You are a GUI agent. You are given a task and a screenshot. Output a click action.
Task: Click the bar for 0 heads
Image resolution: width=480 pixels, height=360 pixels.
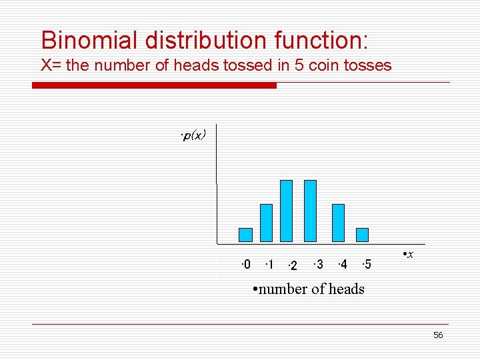(x=245, y=235)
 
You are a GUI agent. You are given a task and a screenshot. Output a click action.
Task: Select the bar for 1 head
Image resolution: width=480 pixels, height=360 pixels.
(x=266, y=223)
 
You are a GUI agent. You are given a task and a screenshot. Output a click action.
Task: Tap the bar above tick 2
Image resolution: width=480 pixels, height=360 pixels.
(x=286, y=211)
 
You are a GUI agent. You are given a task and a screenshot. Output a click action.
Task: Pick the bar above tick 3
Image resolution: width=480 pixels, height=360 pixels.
(x=310, y=211)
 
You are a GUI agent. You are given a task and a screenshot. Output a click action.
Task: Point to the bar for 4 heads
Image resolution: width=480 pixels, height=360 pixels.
(x=338, y=223)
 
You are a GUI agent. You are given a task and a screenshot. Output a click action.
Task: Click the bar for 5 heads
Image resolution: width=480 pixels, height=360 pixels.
(x=362, y=235)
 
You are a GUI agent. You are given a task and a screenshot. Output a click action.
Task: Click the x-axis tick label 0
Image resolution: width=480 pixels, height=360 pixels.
(x=247, y=265)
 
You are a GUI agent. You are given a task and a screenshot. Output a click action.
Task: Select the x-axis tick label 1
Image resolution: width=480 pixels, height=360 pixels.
(x=269, y=265)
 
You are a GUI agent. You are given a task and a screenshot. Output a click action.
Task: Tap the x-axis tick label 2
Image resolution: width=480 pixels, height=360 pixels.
(x=291, y=267)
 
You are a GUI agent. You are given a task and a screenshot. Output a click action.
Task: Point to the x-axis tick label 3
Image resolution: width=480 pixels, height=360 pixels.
(x=319, y=265)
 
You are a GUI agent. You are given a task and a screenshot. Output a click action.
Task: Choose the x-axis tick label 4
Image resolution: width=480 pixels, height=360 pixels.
(x=342, y=265)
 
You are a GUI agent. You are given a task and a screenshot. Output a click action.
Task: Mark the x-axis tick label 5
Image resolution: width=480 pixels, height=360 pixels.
(x=366, y=265)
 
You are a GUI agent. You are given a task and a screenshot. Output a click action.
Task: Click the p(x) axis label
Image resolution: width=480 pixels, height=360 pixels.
(x=193, y=135)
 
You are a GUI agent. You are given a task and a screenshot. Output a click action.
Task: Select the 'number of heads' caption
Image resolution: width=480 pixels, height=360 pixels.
(x=309, y=289)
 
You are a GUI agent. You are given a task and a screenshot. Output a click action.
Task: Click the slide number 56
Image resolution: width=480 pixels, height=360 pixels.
(x=437, y=335)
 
